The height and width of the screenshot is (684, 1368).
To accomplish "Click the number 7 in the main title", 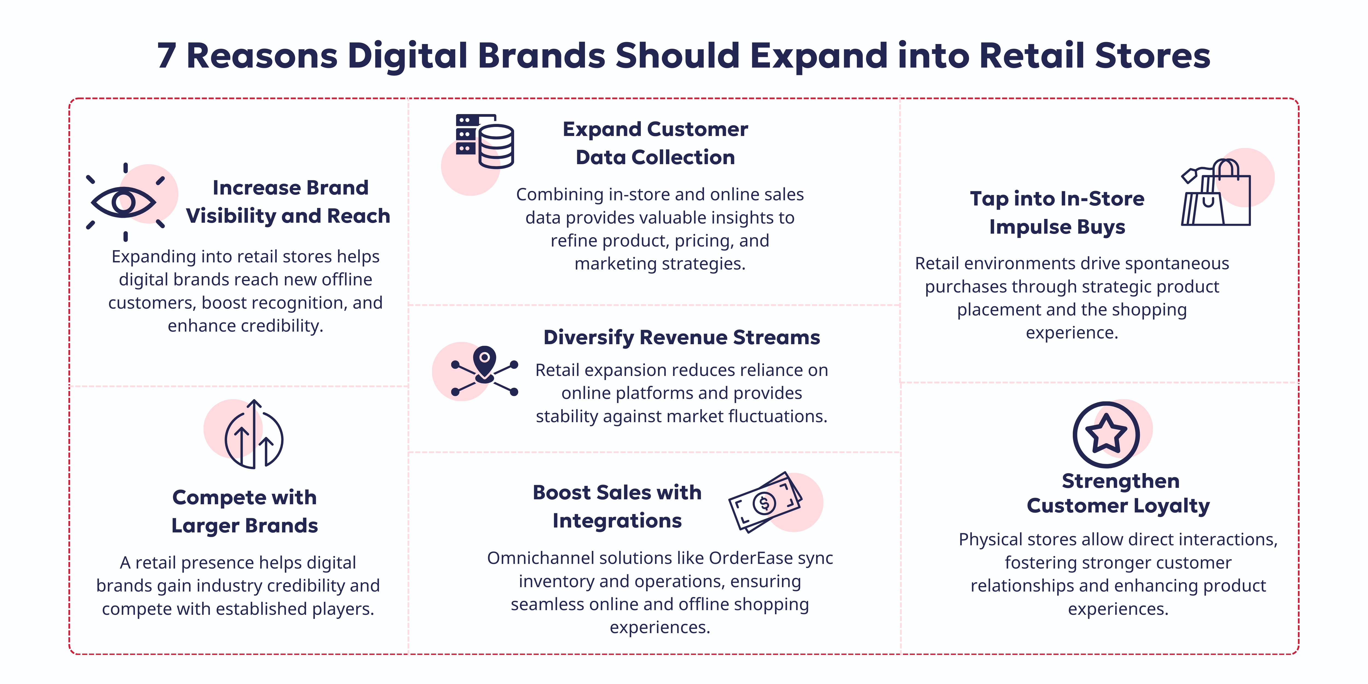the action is point(166,56).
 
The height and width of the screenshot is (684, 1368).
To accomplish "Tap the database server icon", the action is point(484,141).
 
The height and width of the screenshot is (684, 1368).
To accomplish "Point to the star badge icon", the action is point(1106,434).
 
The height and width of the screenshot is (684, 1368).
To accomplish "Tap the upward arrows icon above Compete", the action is point(254,434).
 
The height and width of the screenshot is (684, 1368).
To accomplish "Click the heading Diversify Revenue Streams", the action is point(681,337).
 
